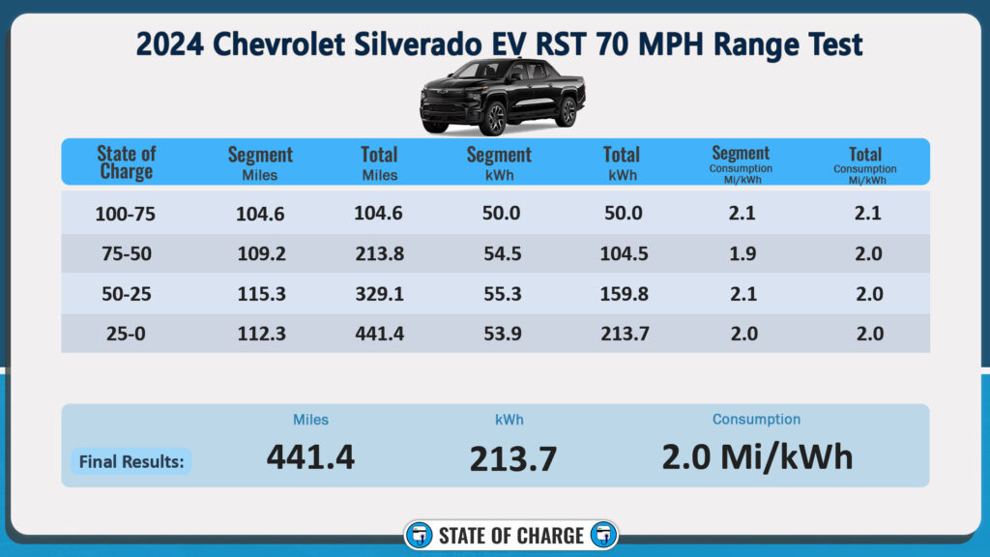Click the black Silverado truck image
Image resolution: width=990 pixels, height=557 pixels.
point(502,97)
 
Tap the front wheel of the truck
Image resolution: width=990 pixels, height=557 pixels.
point(493,119)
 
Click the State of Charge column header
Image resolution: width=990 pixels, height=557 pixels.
point(126,162)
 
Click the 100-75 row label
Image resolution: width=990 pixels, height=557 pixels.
point(126,215)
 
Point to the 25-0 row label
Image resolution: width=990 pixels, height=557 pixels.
point(126,334)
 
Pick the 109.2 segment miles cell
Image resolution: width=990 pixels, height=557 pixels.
point(260,254)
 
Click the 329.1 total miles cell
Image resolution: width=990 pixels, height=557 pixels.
point(379,294)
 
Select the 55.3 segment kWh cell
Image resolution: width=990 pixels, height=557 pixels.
point(499,294)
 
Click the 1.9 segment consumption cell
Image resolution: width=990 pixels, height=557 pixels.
point(742,254)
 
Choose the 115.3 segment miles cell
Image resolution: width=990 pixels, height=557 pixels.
point(260,294)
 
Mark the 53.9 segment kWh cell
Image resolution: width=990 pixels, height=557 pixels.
point(499,334)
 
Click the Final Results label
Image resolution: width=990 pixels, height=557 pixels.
point(131,461)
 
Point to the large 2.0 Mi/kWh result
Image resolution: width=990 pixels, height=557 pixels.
point(757,455)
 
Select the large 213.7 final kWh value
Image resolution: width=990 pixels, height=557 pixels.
point(513,458)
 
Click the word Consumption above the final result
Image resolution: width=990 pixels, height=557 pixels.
point(756,420)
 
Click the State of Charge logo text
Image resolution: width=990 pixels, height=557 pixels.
point(510,536)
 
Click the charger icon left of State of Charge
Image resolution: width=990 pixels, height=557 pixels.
point(420,536)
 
